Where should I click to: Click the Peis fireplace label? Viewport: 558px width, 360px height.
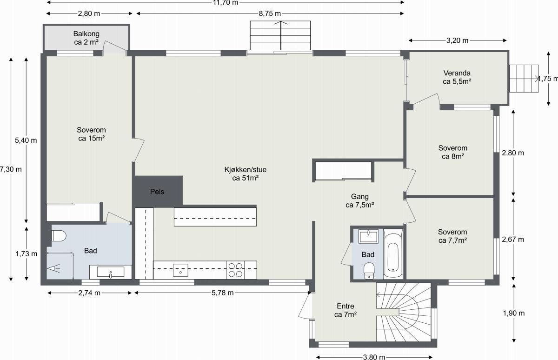point(157,192)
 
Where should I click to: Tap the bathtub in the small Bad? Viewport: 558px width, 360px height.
point(393,254)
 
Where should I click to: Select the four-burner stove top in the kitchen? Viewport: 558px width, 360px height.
point(235,270)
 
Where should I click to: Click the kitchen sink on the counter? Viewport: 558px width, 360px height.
point(180,270)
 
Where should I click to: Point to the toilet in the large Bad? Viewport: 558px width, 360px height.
point(59,236)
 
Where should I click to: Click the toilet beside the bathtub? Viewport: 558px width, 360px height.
point(369,271)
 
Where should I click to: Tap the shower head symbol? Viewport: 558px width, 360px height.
point(54,268)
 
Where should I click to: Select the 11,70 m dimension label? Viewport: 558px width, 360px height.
point(226,3)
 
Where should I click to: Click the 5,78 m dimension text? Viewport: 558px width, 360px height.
point(222,293)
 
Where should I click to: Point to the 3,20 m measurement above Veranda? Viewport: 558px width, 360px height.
point(457,40)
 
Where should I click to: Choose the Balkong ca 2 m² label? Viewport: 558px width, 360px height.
point(86,38)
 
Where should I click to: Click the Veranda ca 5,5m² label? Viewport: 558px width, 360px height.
point(457,77)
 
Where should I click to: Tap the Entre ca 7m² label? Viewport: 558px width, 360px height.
point(345,310)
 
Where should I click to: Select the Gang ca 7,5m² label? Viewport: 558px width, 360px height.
point(360,200)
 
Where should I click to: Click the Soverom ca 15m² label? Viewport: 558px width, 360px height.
point(91,134)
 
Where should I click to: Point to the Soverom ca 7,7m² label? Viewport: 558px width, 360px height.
point(452,236)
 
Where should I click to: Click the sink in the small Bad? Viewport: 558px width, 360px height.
point(368,236)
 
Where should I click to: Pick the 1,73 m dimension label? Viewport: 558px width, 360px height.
point(27,254)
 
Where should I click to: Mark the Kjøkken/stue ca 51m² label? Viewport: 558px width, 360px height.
point(246,173)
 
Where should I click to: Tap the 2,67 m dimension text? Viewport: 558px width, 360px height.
point(513,240)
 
